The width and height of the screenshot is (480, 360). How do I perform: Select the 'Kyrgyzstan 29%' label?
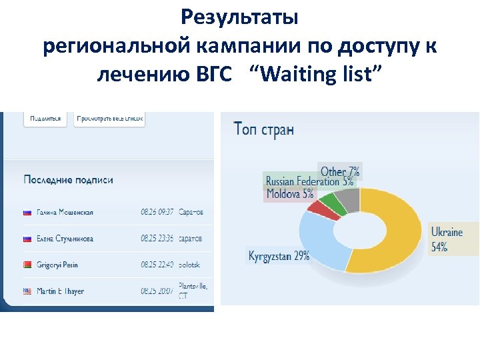tap(279, 256)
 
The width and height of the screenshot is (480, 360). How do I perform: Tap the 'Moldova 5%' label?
tap(289, 194)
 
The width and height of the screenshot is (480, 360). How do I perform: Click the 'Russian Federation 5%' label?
tap(309, 181)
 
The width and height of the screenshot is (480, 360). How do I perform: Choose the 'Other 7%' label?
tap(340, 172)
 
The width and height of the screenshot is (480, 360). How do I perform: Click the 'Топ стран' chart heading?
tap(264, 129)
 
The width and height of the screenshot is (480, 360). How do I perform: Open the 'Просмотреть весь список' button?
tap(110, 118)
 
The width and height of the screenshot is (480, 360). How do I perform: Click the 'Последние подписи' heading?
tap(68, 179)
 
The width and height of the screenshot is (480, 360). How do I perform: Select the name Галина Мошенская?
tap(65, 212)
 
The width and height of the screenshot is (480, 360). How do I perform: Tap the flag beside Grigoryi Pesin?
tap(28, 265)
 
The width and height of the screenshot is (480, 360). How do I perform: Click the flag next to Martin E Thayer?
tap(28, 291)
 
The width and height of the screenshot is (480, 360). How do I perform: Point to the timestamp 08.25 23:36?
tap(157, 239)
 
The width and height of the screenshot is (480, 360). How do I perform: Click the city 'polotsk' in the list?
tap(189, 265)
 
